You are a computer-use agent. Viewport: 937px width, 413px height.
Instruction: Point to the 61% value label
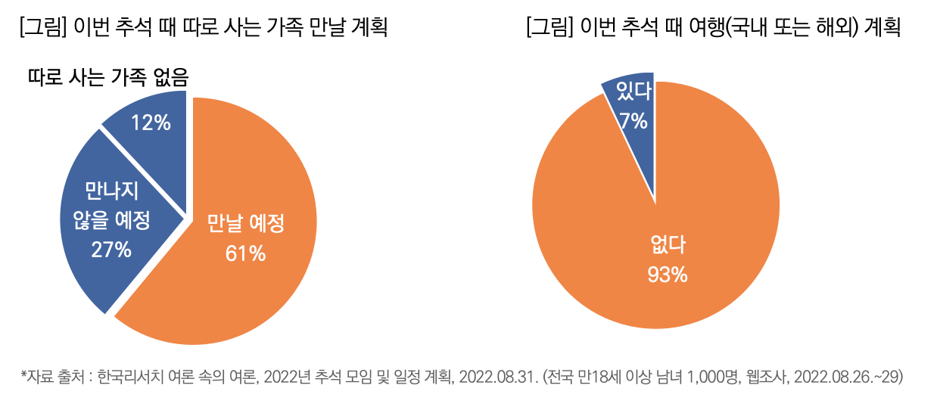point(245,254)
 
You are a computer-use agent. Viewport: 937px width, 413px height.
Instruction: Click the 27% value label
point(111,249)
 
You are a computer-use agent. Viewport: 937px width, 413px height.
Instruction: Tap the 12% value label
point(151,123)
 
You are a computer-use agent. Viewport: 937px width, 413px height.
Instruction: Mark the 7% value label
point(633,120)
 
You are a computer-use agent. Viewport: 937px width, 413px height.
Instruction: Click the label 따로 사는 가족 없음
point(107,77)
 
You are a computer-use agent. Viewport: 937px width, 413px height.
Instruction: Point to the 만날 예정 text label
point(245,225)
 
